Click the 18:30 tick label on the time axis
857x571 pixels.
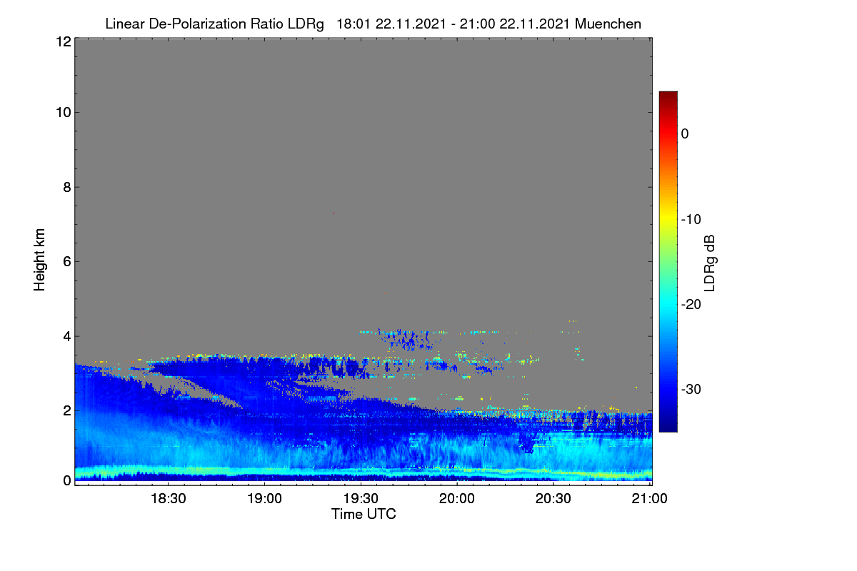[x=169, y=498]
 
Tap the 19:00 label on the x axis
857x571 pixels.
[x=264, y=498]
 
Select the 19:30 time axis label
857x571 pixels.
[x=361, y=498]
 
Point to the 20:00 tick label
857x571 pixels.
[x=457, y=498]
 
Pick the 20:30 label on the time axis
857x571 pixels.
[x=553, y=498]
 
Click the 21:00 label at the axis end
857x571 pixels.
[x=649, y=498]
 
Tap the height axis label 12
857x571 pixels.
[x=64, y=41]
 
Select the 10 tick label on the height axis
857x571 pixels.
[x=64, y=113]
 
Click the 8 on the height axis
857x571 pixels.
[x=67, y=187]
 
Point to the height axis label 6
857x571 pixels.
[x=67, y=262]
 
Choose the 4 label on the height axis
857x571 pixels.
[x=67, y=337]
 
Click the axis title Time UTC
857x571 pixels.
[x=364, y=514]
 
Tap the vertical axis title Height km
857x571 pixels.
[x=39, y=260]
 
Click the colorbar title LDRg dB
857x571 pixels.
[x=710, y=263]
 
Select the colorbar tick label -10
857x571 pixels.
[x=691, y=220]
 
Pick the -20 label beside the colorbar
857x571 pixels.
[x=691, y=305]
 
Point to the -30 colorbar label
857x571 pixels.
[x=691, y=389]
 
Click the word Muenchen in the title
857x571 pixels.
[x=608, y=24]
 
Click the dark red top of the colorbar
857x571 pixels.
[x=668, y=95]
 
